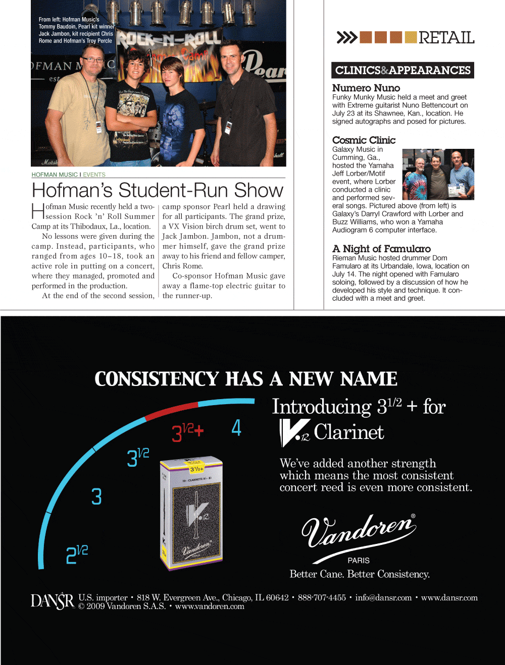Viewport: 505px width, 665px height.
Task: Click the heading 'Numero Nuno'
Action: (x=366, y=88)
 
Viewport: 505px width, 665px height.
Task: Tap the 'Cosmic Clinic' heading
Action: (x=364, y=140)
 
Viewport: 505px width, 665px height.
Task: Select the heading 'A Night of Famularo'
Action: (x=381, y=249)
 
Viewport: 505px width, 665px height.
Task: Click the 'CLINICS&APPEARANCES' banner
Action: (x=402, y=71)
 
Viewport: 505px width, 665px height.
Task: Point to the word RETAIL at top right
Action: (x=446, y=38)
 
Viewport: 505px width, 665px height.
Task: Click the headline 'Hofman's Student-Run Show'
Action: (x=158, y=190)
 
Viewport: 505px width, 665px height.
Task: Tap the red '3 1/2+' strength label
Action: (x=187, y=432)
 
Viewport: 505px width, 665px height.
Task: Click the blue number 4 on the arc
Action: (x=236, y=428)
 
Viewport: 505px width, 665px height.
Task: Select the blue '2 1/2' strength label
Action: (x=77, y=554)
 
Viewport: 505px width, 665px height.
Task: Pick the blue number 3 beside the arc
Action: (x=96, y=496)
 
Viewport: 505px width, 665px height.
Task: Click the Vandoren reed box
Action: (x=191, y=512)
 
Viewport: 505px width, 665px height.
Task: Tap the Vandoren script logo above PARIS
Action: (x=359, y=532)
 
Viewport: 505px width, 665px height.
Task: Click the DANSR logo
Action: (x=52, y=601)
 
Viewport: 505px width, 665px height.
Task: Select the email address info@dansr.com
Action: (x=383, y=598)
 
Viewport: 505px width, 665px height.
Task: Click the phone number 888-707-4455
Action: (x=322, y=598)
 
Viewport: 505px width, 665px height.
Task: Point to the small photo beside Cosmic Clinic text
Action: (x=438, y=174)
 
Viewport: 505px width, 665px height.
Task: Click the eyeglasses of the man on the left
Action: (x=92, y=60)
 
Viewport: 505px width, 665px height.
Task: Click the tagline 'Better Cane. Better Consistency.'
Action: (x=360, y=574)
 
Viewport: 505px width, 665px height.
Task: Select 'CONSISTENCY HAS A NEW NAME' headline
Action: (x=246, y=379)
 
